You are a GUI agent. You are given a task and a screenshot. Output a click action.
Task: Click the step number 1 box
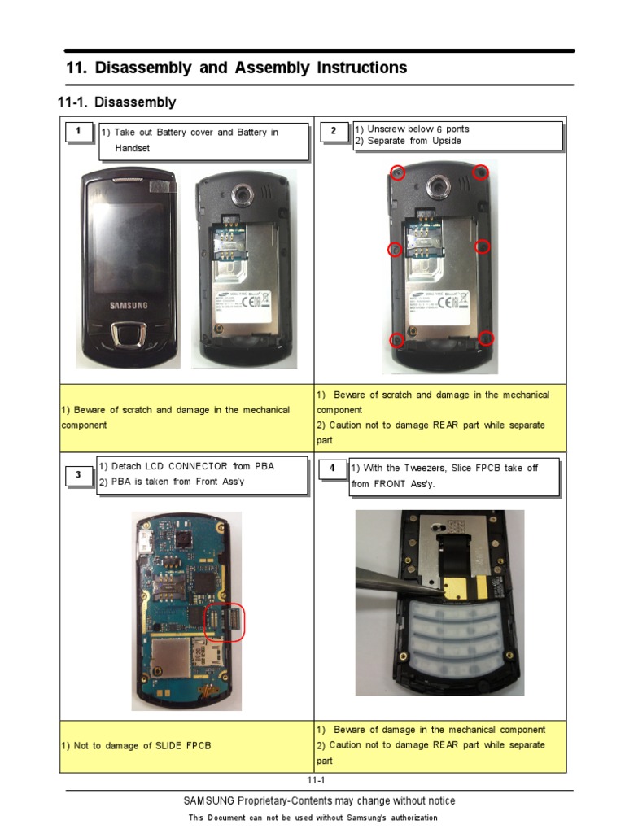click(77, 132)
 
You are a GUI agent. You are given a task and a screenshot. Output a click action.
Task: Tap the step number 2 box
click(333, 132)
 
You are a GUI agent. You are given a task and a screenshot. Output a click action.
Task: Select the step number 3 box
click(77, 477)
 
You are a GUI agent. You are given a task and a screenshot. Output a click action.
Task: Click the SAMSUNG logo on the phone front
click(129, 306)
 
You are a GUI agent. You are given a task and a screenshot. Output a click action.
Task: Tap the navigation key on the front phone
click(129, 334)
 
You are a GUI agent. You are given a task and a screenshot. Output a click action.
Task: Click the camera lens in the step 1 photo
click(242, 194)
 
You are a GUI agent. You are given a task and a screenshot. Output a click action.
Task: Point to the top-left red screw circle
click(397, 172)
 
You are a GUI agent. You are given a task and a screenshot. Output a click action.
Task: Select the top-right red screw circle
click(481, 172)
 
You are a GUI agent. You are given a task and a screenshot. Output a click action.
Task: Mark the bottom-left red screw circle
click(397, 339)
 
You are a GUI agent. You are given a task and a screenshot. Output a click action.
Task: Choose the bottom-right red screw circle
click(486, 338)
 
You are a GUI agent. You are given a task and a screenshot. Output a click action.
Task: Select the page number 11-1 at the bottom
click(316, 781)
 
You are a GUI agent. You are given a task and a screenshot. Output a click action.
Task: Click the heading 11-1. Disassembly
click(116, 102)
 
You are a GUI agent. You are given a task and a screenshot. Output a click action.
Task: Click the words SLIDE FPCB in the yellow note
click(183, 745)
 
